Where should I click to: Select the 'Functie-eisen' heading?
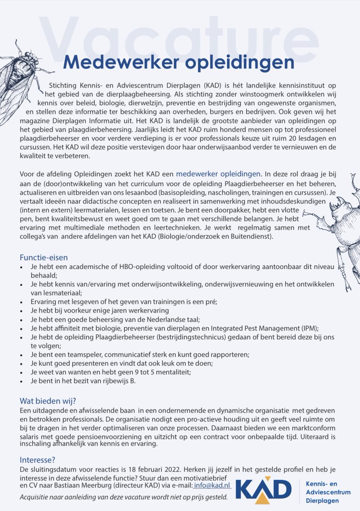coord(43,258)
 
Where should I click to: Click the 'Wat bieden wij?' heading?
coord(48,401)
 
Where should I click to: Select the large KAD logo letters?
coord(264,489)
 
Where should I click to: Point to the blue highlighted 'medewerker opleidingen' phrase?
coord(218,174)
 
